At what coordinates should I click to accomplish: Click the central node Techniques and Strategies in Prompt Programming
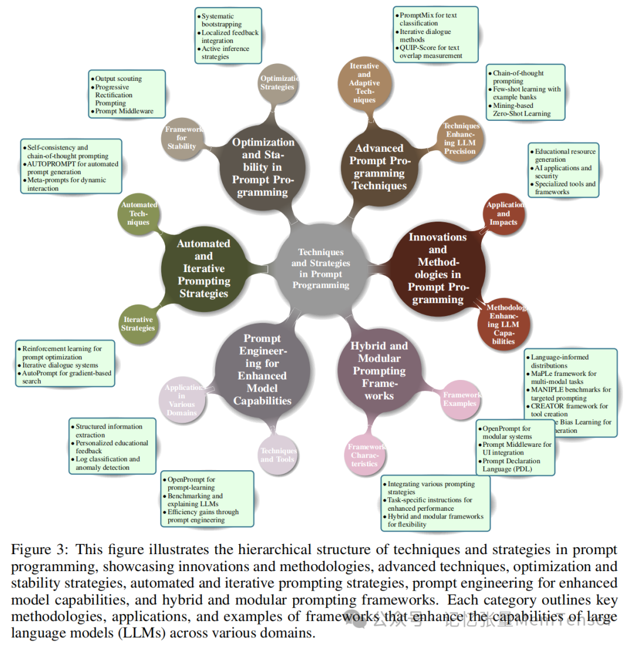pos(321,268)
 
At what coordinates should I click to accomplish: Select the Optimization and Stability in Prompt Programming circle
pos(263,167)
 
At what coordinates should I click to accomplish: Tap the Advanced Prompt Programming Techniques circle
pos(379,167)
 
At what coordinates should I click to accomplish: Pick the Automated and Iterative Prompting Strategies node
pos(203,268)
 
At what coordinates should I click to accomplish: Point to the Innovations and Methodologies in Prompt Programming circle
pos(437,268)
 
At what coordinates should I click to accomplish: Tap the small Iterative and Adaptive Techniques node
pos(364,83)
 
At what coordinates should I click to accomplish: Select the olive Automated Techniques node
pos(139,213)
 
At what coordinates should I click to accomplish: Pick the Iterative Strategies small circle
pos(138,324)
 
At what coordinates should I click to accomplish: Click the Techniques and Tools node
pos(278,455)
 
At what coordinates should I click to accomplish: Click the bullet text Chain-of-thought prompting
pos(518,77)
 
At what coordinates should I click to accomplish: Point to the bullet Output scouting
pos(118,79)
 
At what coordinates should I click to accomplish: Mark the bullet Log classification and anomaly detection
pos(108,463)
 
